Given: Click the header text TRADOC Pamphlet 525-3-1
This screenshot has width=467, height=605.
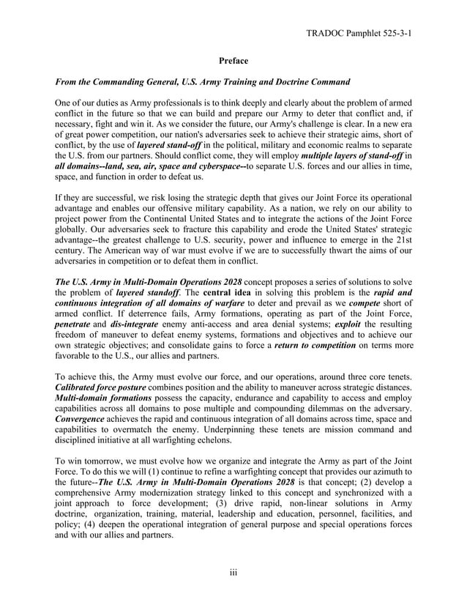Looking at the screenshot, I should coord(357,33).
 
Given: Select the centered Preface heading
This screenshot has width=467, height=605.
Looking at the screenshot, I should coord(233,61).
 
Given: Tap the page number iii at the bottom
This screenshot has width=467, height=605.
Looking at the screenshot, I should coord(233,572).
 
